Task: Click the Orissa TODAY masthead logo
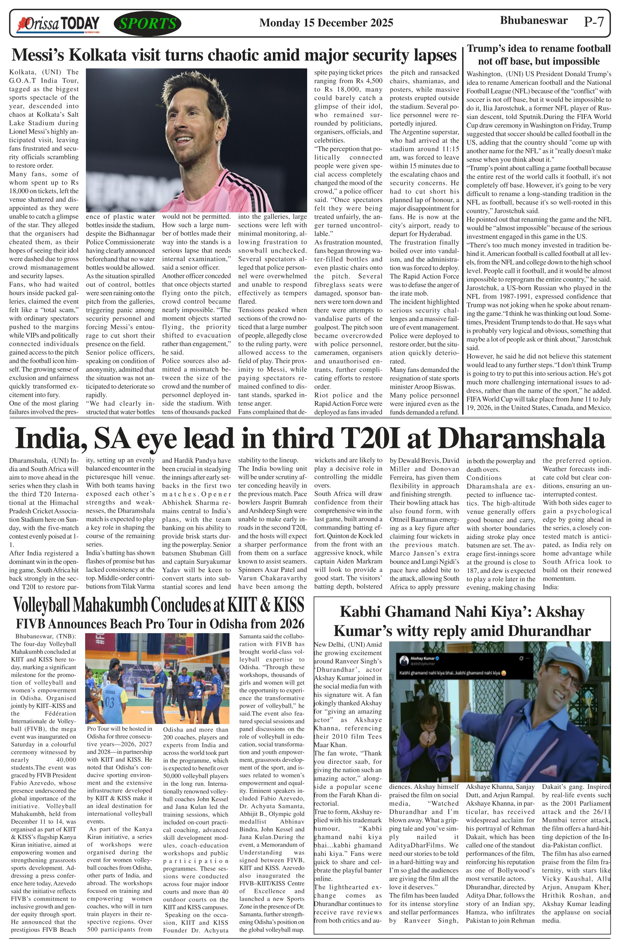[58, 24]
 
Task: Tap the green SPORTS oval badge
[148, 24]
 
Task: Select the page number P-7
[594, 22]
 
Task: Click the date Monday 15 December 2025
[326, 23]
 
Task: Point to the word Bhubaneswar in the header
[533, 21]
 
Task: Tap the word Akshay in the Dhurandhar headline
[559, 612]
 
